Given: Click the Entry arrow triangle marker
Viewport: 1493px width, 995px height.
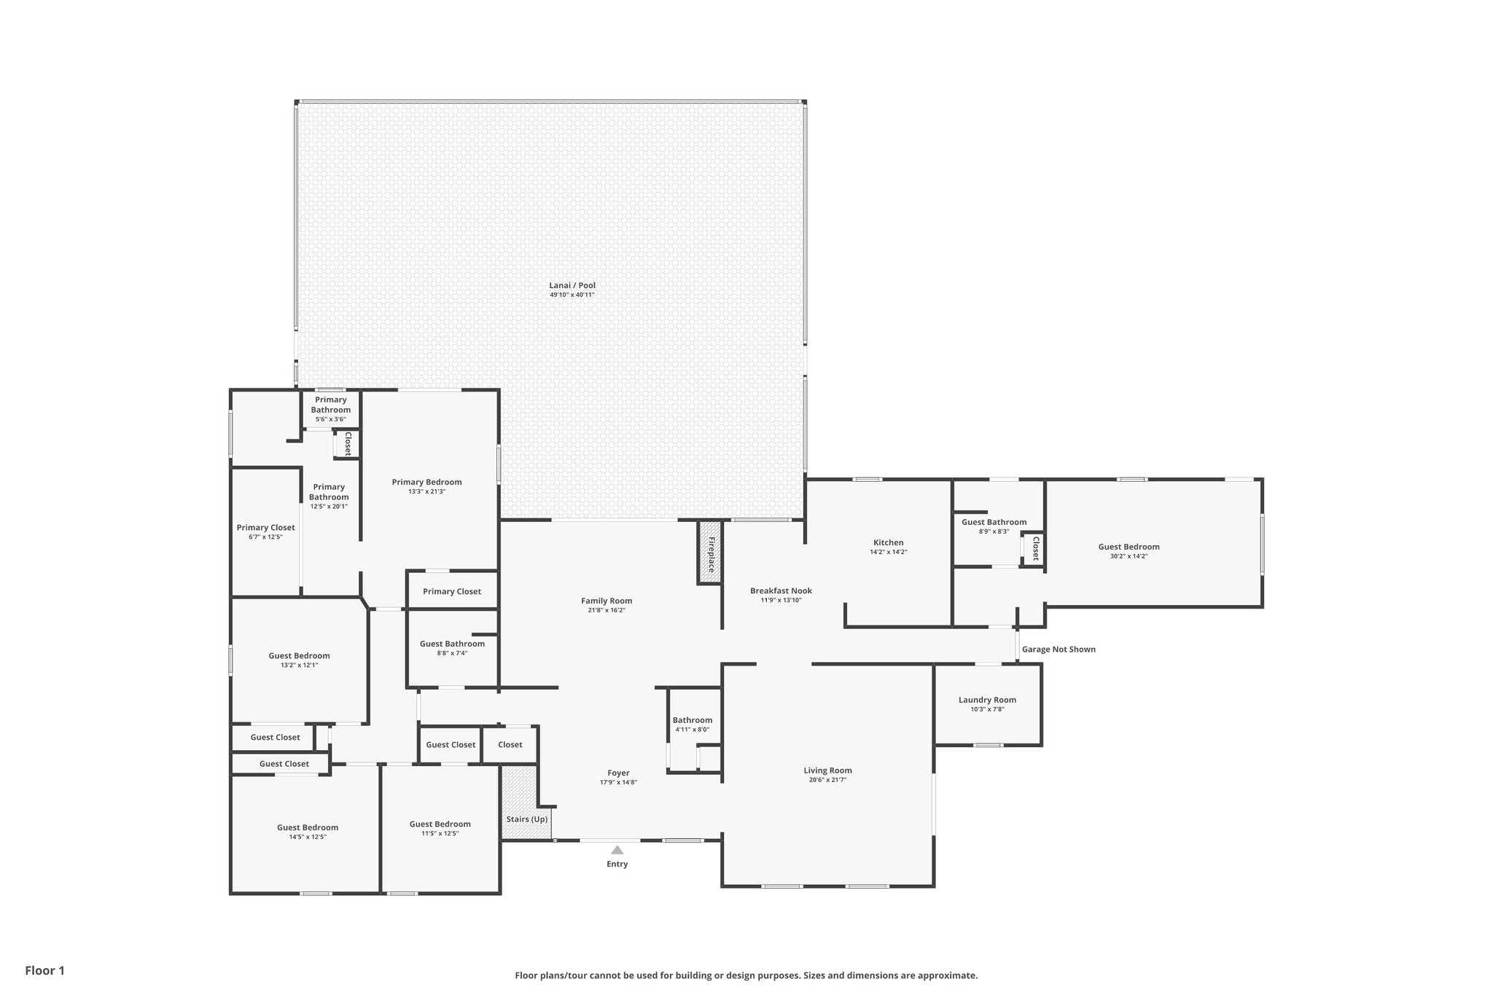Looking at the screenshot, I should point(617,850).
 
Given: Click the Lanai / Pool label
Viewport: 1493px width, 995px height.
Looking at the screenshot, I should point(572,286).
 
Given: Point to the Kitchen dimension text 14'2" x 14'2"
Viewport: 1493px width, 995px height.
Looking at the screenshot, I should point(888,553).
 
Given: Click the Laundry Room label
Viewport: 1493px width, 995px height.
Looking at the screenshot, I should point(987,700).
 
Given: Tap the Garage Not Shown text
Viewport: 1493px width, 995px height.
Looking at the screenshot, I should point(1058,649).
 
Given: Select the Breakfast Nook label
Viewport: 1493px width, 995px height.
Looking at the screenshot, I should point(781,590).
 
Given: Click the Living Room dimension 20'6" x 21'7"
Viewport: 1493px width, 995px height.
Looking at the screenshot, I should point(827,780).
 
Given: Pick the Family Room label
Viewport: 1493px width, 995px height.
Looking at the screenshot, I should point(607,601).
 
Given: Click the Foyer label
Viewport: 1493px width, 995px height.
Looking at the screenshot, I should point(618,773).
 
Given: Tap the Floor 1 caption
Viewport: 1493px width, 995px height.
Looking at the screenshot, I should point(44,970).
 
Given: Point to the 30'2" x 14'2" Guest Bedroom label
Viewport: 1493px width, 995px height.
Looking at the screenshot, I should point(1128,547).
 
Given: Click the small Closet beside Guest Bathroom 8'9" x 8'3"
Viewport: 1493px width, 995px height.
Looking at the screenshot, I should point(1034,548).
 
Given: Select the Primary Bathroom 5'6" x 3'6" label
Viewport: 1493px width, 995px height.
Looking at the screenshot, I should point(330,405).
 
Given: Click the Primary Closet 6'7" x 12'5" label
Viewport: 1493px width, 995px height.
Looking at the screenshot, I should point(265,528).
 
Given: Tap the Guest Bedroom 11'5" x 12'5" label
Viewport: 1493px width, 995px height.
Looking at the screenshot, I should point(440,824).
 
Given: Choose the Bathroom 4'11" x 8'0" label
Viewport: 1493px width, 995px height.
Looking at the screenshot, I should point(692,720).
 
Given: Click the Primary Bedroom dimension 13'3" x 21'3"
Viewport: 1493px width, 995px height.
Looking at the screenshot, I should point(426,492).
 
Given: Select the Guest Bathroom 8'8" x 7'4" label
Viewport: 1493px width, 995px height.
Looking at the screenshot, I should point(452,644).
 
